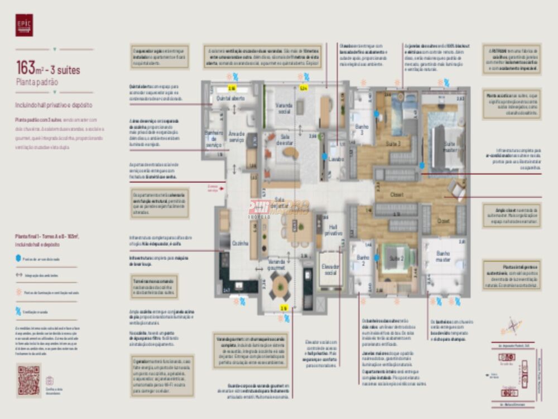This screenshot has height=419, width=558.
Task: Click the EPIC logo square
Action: tap(24, 25)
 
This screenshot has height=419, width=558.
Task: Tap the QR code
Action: tap(28, 380)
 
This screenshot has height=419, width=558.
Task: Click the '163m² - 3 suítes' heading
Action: tap(48, 69)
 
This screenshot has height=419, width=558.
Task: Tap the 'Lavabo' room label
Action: tap(336, 159)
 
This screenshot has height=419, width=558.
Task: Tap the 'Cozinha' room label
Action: tap(240, 244)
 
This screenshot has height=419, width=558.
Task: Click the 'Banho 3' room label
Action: tap(362, 130)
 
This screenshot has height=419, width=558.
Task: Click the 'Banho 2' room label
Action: tap(361, 260)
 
